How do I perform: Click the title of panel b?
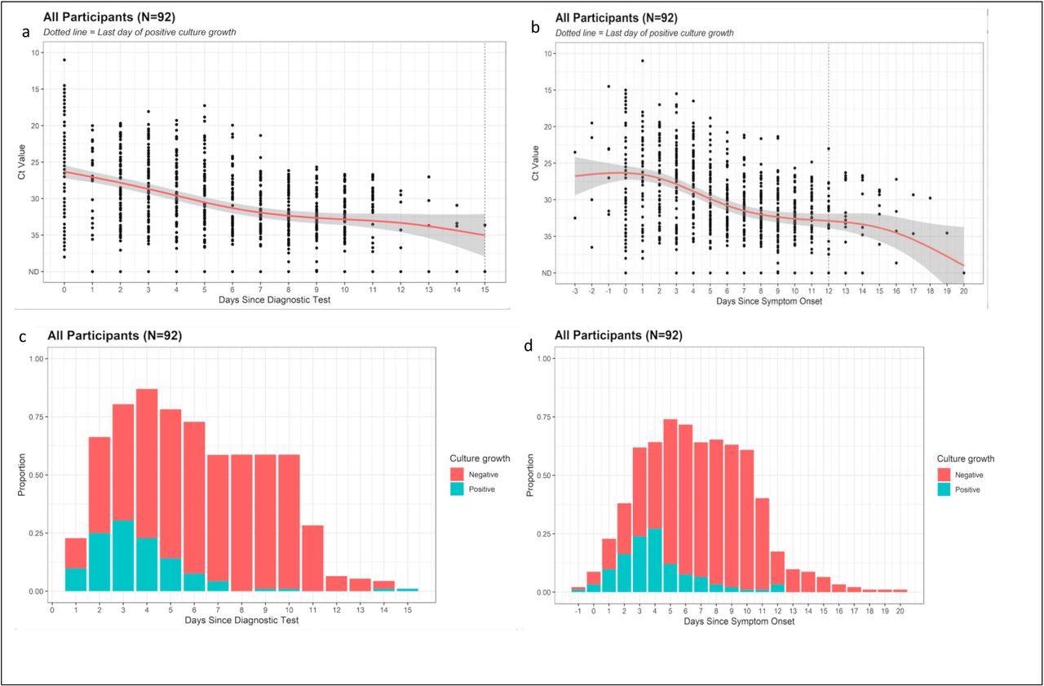616,18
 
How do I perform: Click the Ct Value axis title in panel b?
535,162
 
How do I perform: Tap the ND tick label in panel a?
57,272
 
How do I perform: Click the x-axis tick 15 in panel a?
484,289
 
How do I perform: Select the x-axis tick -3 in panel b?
575,290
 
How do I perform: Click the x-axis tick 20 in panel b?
963,290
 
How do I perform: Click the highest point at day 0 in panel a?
64,60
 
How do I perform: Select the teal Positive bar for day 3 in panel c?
123,555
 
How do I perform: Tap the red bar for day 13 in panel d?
793,580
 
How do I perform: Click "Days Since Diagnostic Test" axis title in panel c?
242,621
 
